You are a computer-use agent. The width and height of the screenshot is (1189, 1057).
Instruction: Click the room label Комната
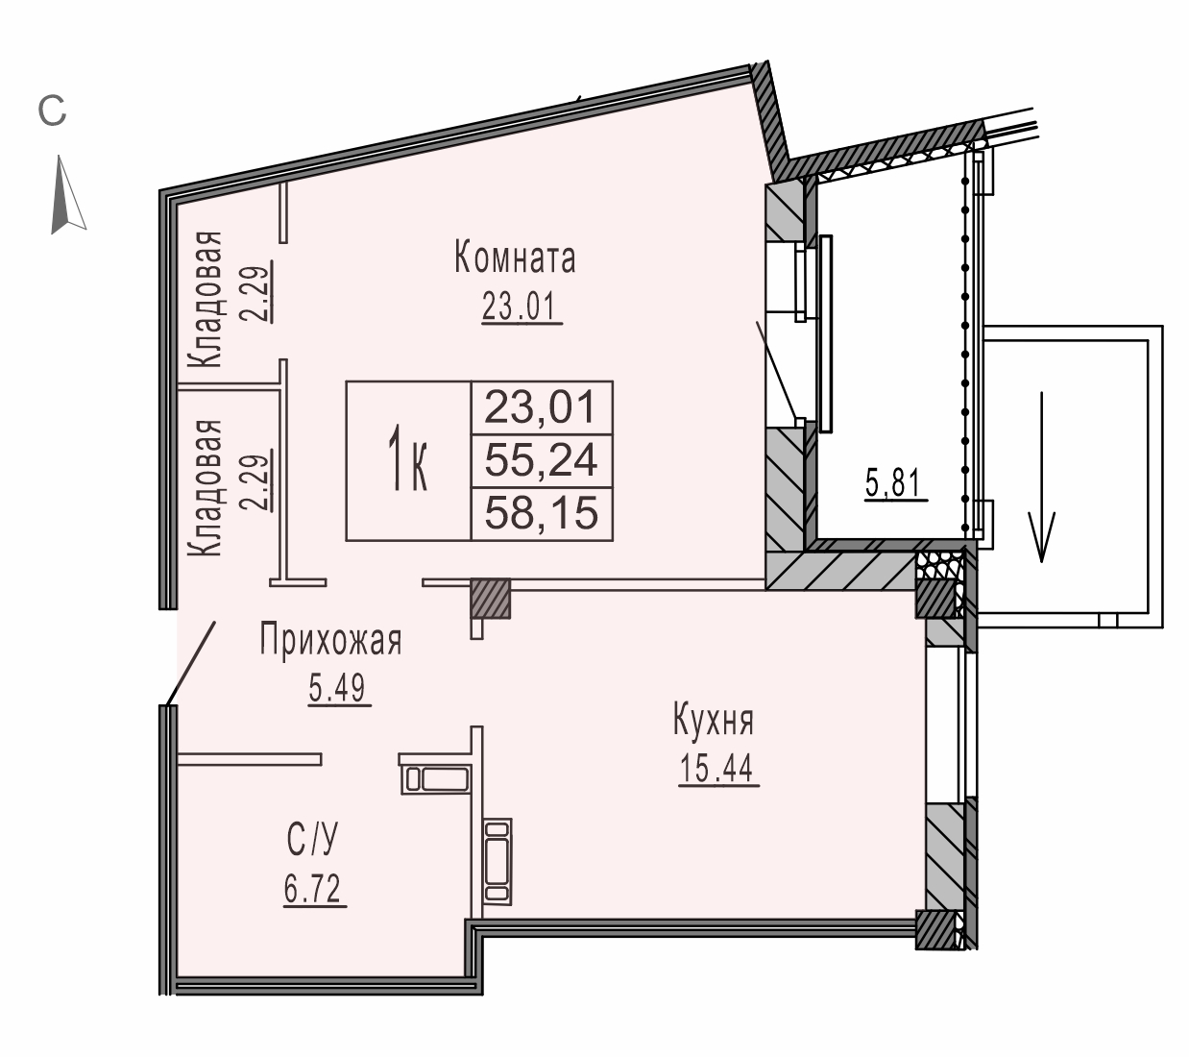coord(515,259)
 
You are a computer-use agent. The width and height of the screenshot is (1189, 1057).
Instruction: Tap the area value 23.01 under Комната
coord(519,307)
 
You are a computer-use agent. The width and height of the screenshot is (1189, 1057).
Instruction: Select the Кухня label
coord(713,721)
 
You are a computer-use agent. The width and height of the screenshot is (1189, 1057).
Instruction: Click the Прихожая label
coord(331,640)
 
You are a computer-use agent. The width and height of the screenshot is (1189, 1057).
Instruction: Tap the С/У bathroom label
coord(312,840)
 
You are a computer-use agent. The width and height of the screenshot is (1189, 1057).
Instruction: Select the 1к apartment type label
coord(407,459)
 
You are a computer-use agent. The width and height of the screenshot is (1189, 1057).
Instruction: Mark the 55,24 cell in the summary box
coord(541,460)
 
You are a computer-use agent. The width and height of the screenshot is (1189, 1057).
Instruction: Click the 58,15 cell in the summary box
coord(541,513)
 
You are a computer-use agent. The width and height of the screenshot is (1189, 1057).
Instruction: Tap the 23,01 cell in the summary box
coord(540,407)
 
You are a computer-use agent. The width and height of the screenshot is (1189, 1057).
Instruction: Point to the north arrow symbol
coord(67,194)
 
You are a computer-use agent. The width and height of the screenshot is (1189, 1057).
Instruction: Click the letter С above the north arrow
coord(52,111)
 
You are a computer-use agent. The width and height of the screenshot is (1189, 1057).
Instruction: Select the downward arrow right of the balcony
coord(1042,477)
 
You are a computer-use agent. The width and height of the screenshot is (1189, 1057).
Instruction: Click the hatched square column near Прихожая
coord(491,599)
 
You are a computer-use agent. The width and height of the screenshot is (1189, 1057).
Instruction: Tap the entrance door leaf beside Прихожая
coord(191,662)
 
